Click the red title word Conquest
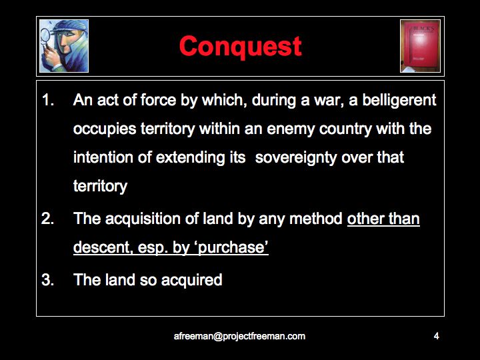coord(240,47)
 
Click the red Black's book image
coord(420,46)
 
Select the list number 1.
coord(48,100)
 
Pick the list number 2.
coord(48,219)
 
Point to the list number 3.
coord(48,280)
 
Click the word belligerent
coord(399,101)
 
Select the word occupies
coord(105,129)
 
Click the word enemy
coord(291,129)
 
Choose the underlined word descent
coord(103,247)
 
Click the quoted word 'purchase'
coord(233,247)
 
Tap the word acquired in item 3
coord(191,281)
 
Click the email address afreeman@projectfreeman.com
coord(239,336)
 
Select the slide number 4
coord(437,336)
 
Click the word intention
coord(103,157)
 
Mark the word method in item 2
coord(315,219)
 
